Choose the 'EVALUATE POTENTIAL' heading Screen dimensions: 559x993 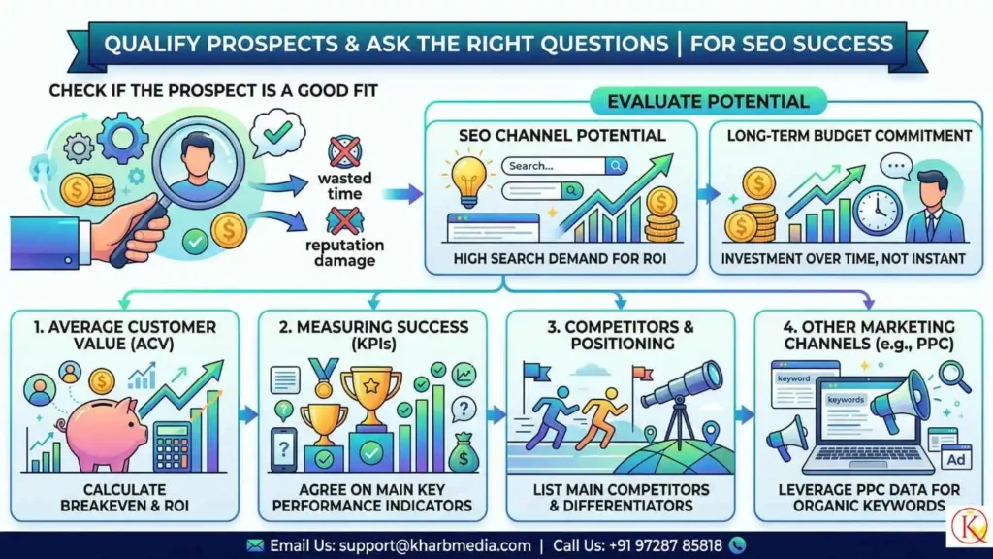[x=707, y=101]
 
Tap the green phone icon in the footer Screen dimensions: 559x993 [x=737, y=544]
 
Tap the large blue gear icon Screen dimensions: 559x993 [x=124, y=138]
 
